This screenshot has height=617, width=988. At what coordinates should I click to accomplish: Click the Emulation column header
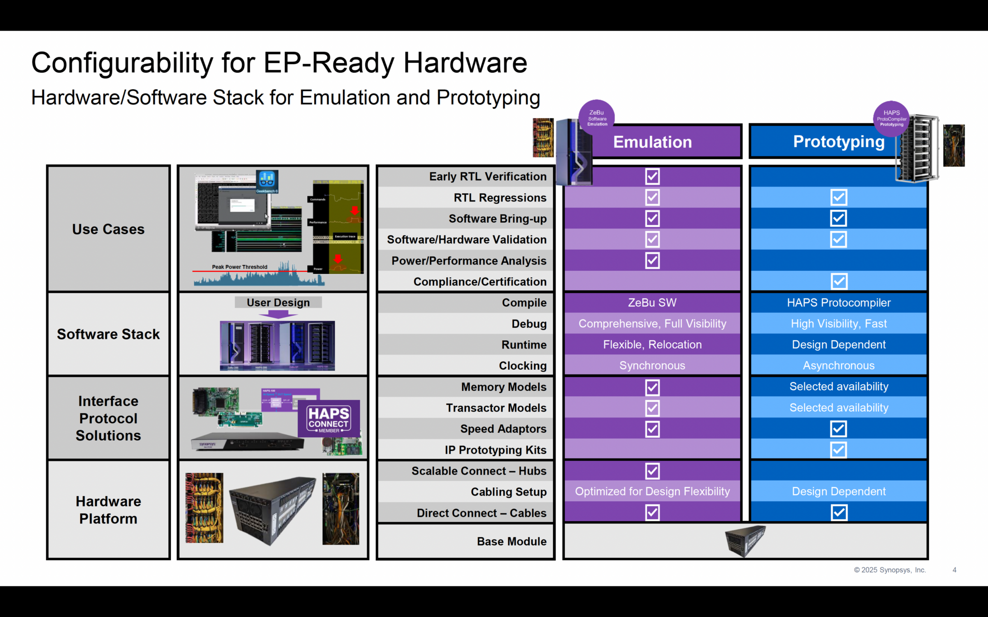coord(652,142)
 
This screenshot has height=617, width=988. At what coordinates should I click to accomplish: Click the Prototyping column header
coord(838,142)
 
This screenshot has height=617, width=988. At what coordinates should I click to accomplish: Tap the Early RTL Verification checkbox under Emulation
coord(652,176)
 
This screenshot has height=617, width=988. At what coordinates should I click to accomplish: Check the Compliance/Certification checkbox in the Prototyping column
coord(838,281)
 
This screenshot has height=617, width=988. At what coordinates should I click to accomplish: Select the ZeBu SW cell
coord(652,303)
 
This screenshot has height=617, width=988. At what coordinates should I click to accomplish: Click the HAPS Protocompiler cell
coord(838,303)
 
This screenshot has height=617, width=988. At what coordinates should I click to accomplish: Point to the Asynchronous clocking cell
coord(838,365)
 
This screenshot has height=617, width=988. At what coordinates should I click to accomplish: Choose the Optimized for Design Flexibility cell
coord(652,491)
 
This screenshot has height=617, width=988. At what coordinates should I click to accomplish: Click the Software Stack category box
coord(109,334)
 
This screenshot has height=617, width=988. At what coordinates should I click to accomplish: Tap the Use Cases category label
coord(109,229)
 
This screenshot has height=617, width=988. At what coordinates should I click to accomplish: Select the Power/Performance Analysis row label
coord(468,261)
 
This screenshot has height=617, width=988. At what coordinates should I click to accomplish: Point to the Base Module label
coord(511,541)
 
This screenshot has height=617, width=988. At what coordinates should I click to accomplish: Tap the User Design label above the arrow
coord(278,302)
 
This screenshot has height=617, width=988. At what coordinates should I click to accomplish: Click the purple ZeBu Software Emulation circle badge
coord(597,118)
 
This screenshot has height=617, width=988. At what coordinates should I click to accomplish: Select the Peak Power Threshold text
coord(239,267)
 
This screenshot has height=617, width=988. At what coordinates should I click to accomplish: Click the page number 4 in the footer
coord(954,570)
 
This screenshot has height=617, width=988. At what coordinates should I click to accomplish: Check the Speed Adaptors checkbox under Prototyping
coord(838,429)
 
